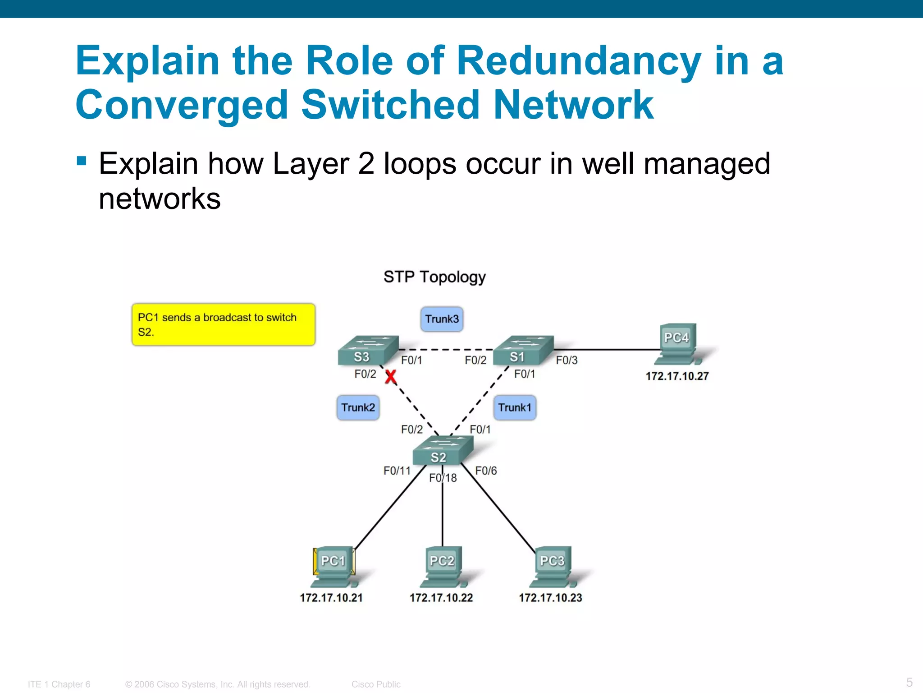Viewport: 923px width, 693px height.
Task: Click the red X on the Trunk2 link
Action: tap(390, 377)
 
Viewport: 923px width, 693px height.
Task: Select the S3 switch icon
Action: tap(367, 351)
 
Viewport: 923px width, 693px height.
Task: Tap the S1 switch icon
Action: tap(523, 351)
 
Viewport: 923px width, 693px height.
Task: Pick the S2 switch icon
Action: tap(443, 450)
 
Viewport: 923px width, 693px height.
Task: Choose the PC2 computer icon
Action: tap(443, 567)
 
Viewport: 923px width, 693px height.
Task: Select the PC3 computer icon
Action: tap(553, 567)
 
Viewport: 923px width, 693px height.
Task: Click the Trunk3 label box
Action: tap(442, 319)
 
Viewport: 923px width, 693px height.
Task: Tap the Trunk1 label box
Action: tap(515, 408)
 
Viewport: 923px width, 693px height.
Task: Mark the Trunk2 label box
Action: tap(358, 408)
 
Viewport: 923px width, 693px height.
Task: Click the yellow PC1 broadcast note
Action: tap(223, 325)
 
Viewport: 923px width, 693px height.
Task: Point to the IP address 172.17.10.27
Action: tap(677, 376)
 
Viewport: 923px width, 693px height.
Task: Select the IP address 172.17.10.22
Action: tap(441, 598)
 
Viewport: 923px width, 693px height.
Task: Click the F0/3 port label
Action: tap(567, 360)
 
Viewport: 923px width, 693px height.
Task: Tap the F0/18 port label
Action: tap(443, 478)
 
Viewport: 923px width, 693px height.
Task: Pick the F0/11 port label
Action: tap(397, 471)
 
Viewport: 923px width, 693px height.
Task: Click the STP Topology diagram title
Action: tap(434, 277)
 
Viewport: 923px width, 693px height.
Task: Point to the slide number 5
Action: tap(909, 682)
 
